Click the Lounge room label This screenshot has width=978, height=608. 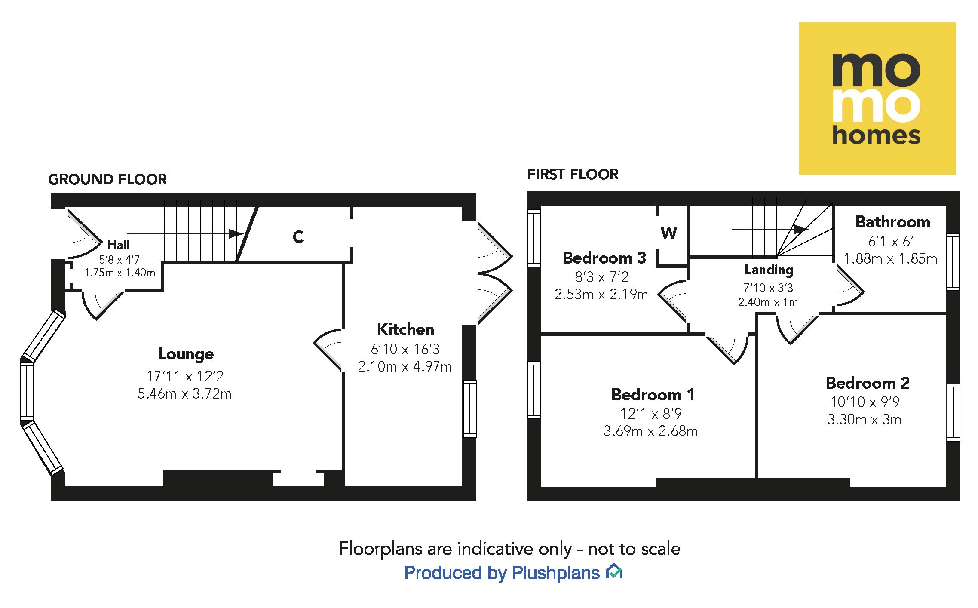coord(186,354)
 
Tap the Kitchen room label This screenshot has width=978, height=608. coord(405,329)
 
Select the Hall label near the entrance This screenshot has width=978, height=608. coord(118,245)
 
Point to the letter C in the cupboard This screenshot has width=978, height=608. coord(298,236)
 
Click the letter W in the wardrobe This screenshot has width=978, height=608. coord(669,233)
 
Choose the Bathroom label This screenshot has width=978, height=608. coord(892,222)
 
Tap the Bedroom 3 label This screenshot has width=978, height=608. coord(604,258)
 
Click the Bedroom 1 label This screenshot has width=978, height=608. coord(653,394)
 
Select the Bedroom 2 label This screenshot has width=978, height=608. coord(868,383)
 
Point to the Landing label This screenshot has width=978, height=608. coord(769,270)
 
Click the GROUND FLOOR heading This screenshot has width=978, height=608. coord(107,179)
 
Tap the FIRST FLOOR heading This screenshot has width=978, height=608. coord(573,174)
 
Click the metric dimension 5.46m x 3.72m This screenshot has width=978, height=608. coord(184,393)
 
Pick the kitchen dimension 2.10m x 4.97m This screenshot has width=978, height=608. coord(405,366)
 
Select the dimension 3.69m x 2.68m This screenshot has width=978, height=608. coord(650,431)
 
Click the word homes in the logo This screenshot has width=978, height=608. coord(877,136)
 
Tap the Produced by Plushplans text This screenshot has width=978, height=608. coord(502,573)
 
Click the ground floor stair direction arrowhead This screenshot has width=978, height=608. coord(236,234)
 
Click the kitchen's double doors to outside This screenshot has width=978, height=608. coord(494,273)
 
